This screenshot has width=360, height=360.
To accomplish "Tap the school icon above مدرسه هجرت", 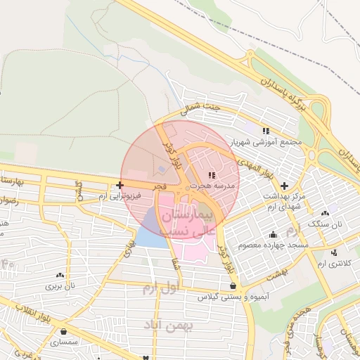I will (212, 174).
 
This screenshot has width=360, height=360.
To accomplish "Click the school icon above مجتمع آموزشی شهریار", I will (266, 131).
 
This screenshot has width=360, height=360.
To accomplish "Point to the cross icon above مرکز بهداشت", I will (283, 185).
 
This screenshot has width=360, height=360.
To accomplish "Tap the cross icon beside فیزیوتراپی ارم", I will (120, 186).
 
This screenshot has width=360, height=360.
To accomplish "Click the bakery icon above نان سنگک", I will (325, 212).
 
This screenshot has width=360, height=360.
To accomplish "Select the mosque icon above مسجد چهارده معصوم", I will (273, 234).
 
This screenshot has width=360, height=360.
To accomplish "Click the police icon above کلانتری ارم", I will (334, 252).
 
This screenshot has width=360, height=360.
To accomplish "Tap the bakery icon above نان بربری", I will (60, 275).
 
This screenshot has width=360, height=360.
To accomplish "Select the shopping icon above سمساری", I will (64, 331).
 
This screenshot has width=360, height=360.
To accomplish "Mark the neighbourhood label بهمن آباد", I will (162, 324).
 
